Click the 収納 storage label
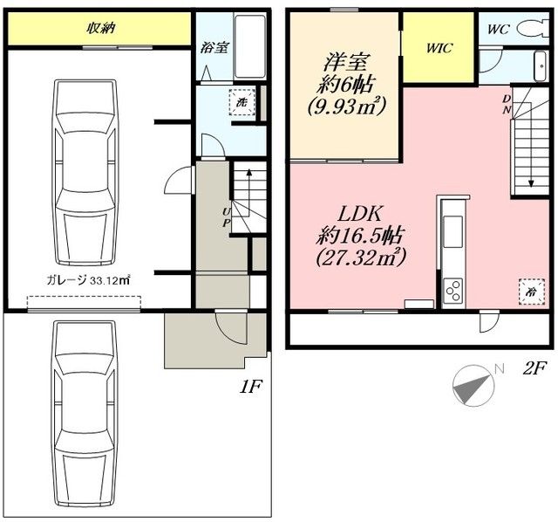101,28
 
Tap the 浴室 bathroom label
214,47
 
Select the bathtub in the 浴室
250,46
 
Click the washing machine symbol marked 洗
242,102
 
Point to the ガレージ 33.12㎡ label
88,281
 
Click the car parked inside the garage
85,173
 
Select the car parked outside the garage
85,414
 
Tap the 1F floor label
250,387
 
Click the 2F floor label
534,369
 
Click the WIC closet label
439,48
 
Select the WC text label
499,29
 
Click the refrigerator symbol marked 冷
532,292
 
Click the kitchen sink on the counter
453,231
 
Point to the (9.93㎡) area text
346,106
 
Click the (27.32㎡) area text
360,257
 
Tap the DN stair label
506,104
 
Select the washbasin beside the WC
541,66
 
